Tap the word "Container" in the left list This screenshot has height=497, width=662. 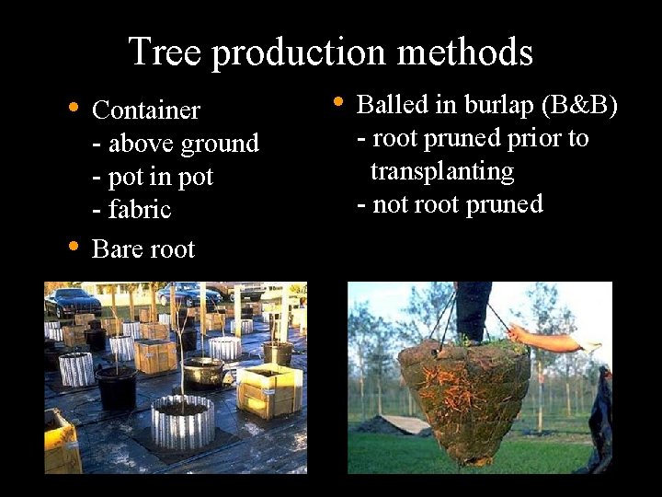(x=146, y=110)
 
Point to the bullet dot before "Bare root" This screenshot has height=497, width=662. (x=74, y=247)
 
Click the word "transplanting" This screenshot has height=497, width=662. (x=441, y=171)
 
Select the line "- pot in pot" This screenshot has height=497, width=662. (x=153, y=177)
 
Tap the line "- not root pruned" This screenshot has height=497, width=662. (x=450, y=204)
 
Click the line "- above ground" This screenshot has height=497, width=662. (x=176, y=144)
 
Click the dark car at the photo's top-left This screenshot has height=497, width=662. (x=73, y=301)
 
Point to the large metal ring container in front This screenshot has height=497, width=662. (x=183, y=421)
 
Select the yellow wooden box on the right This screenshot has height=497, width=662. (x=269, y=389)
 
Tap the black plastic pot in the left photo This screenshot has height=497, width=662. (x=116, y=387)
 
